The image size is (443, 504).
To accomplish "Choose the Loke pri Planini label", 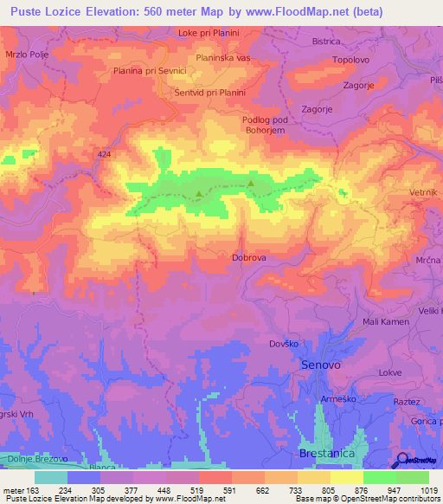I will pos(208,33).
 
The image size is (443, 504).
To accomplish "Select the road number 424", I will pos(105,154).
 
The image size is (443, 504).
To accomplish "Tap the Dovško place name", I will pos(283,344).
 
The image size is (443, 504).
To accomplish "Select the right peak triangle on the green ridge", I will pos(251,184).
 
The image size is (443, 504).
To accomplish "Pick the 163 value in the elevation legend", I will pos(26,490).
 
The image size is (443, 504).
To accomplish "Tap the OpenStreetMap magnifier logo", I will pos(403,461).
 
